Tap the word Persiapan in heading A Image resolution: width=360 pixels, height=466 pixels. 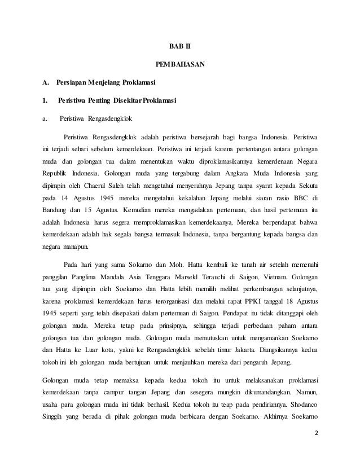[x=72, y=84]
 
